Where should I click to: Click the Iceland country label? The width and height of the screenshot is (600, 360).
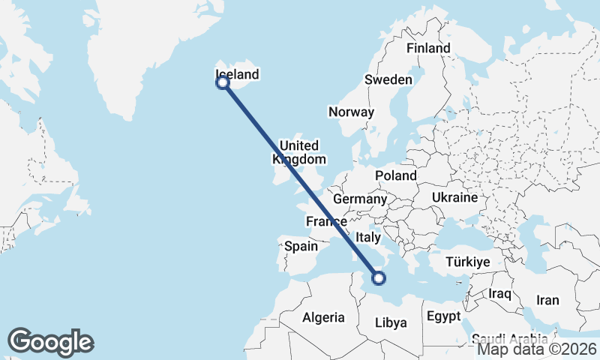[237, 74]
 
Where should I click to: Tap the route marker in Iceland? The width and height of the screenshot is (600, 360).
[223, 82]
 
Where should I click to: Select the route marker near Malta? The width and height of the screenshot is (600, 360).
[379, 278]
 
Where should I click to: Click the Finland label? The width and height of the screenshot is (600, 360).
[428, 48]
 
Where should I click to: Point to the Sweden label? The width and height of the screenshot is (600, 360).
[388, 79]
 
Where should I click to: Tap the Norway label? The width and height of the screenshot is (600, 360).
[351, 112]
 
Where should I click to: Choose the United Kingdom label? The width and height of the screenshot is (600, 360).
[298, 152]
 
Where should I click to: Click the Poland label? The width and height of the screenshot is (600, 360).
[397, 175]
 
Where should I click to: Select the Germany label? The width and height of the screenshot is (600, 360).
[359, 199]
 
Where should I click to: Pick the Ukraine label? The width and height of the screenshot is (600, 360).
[454, 198]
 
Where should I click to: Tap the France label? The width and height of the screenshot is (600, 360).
[326, 221]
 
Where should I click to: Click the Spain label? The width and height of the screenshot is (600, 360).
[301, 245]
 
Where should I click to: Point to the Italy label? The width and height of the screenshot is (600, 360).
[369, 236]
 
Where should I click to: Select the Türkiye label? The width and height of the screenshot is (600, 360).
[467, 262]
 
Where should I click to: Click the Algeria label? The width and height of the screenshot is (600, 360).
[323, 317]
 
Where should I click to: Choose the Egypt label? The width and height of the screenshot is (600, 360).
[443, 316]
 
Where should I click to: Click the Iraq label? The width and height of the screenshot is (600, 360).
[500, 292]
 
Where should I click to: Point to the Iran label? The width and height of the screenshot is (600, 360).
[547, 300]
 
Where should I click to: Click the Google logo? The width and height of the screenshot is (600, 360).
[50, 342]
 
